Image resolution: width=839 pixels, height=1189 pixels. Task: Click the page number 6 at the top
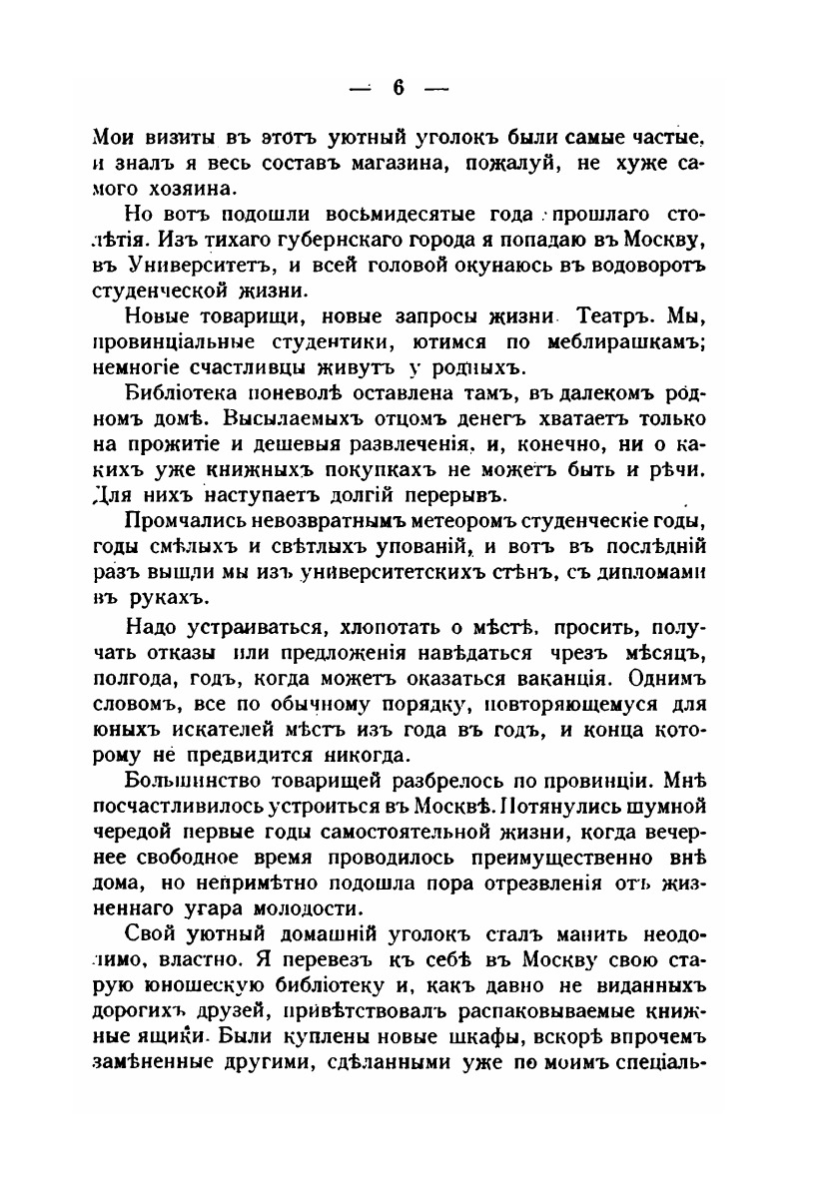coord(397,88)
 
